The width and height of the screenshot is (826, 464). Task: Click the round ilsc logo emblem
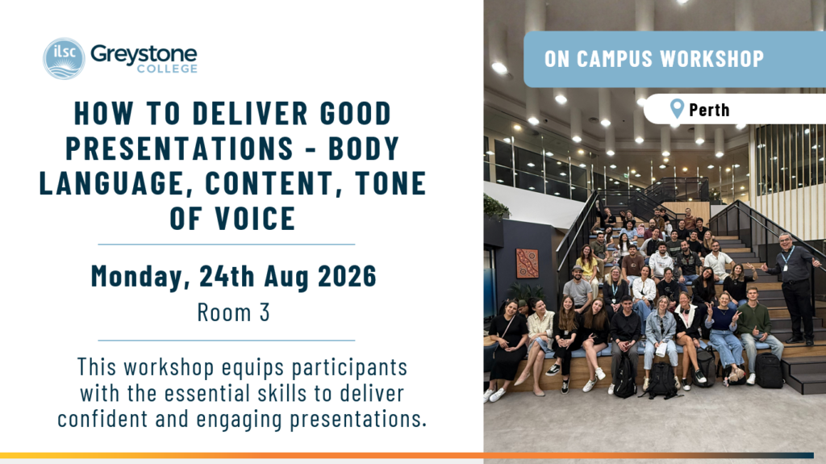[64, 59]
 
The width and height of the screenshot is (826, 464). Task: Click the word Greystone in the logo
[144, 54]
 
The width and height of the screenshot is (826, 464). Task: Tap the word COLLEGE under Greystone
[167, 69]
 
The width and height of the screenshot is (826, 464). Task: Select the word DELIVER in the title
[250, 113]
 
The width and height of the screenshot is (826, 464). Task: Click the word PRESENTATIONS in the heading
[180, 148]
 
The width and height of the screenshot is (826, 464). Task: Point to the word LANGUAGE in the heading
[116, 183]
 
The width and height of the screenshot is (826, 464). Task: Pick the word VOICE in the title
[255, 219]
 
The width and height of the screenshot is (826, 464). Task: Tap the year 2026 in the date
[347, 276]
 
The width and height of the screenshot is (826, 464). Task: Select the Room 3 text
[233, 312]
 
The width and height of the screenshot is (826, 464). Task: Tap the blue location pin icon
[677, 109]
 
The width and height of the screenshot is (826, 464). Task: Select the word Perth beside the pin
[709, 110]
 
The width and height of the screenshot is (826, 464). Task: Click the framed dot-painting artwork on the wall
[528, 263]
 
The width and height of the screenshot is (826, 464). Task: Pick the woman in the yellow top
[587, 267]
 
